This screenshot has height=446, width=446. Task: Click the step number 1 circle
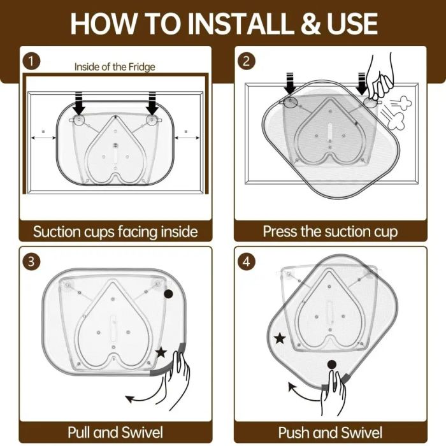point(31,62)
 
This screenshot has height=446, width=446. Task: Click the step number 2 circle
point(247,61)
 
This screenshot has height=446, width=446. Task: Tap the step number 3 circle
point(31,261)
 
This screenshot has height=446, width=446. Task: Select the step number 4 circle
point(247,261)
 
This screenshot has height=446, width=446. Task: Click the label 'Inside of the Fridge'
point(115,67)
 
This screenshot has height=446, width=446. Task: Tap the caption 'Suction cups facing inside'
point(115,231)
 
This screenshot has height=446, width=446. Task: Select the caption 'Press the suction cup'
point(330,231)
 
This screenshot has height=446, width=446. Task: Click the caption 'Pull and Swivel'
point(115,433)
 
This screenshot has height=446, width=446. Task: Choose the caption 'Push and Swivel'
point(330,433)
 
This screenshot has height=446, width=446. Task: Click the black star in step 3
point(161,352)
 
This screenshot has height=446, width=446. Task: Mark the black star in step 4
point(280,338)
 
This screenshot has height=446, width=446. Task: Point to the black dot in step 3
point(168,294)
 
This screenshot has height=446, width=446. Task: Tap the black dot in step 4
point(332,364)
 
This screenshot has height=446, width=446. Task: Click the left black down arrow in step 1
point(79,103)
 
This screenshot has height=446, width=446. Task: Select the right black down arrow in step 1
point(152,103)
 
